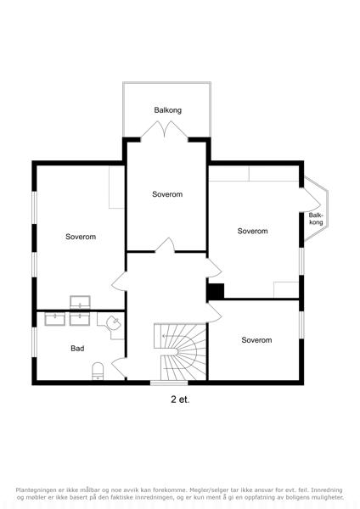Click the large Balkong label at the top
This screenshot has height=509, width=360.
pos(167,110)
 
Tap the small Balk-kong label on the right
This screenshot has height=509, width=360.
pos(316,219)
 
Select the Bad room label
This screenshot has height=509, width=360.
pos(77,349)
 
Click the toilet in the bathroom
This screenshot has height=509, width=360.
pos(98,371)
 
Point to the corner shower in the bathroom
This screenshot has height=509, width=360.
pos(111,325)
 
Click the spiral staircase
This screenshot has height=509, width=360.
pos(180,351)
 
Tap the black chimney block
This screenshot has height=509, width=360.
pos(216,292)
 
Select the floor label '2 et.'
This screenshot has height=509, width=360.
pos(180,400)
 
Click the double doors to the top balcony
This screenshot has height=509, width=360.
pos(165,131)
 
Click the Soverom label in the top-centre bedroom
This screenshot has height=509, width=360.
pos(167,194)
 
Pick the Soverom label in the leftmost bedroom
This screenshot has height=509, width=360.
pos(81,237)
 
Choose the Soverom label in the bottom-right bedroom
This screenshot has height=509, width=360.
pos(256,340)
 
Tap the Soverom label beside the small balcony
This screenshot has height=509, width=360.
pos(252,231)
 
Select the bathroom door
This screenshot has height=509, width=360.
pos(119,367)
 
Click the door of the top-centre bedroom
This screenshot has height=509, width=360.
pos(165,245)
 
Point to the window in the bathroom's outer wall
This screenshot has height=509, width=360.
pos(34,342)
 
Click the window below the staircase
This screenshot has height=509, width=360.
pos(169,383)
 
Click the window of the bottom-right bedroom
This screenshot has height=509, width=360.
pos(301,325)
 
